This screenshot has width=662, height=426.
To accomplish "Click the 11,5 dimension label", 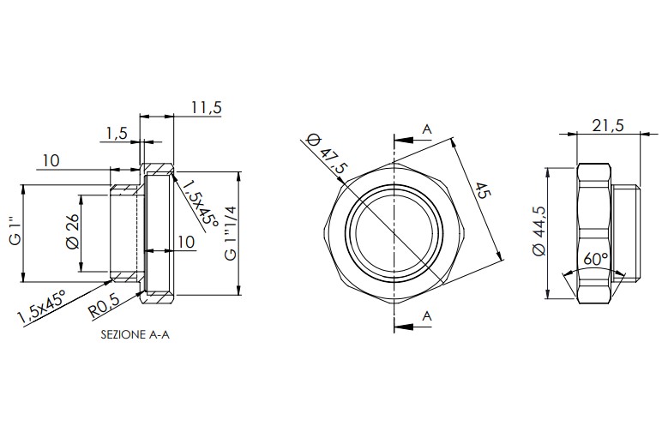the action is pos(206,108).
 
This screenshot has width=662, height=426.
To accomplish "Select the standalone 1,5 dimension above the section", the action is pos(116,134).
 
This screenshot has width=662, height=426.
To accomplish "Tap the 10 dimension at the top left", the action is pos(51,160).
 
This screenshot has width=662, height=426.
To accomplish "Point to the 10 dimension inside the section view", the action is pos(186,242).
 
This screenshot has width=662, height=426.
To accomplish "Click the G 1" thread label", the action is pos(15,231).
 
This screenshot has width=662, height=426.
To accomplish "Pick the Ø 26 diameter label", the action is pos(73,231).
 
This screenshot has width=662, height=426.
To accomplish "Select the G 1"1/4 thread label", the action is pos(231,232).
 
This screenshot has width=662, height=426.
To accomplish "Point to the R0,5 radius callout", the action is pos(104,306).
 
